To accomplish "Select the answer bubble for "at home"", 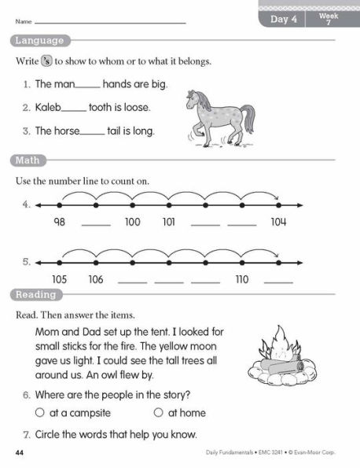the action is point(158,412).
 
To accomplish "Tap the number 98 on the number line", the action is point(59,223).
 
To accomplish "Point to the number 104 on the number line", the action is point(278,223).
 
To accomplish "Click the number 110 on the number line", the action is point(241,279).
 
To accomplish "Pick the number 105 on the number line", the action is point(59,279).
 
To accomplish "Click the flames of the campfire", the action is point(277,345).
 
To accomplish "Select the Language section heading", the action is point(39,41).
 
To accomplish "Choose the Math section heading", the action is point(27,160).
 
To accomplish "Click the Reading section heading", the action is point(35,295).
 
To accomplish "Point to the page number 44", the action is point(20,454).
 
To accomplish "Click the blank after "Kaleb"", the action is point(73,108).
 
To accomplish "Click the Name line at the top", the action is point(110,23).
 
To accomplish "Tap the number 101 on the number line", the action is point(168,223).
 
